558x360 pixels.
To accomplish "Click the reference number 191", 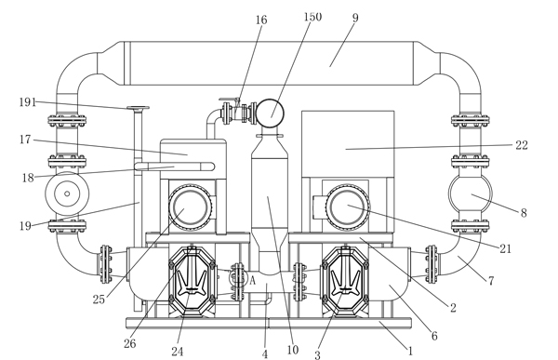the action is [27, 102].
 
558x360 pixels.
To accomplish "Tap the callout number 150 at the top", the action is [312, 17].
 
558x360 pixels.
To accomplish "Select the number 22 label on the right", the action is [522, 145].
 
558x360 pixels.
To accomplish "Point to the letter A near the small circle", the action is [252, 281].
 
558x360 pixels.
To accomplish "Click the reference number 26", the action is [130, 343].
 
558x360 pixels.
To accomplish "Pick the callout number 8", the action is [524, 213].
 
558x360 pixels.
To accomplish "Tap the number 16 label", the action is [261, 20].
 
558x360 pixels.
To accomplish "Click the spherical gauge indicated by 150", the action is [270, 113].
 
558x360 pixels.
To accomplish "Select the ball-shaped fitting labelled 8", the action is [470, 194].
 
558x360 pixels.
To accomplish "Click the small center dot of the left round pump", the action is [67, 193].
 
